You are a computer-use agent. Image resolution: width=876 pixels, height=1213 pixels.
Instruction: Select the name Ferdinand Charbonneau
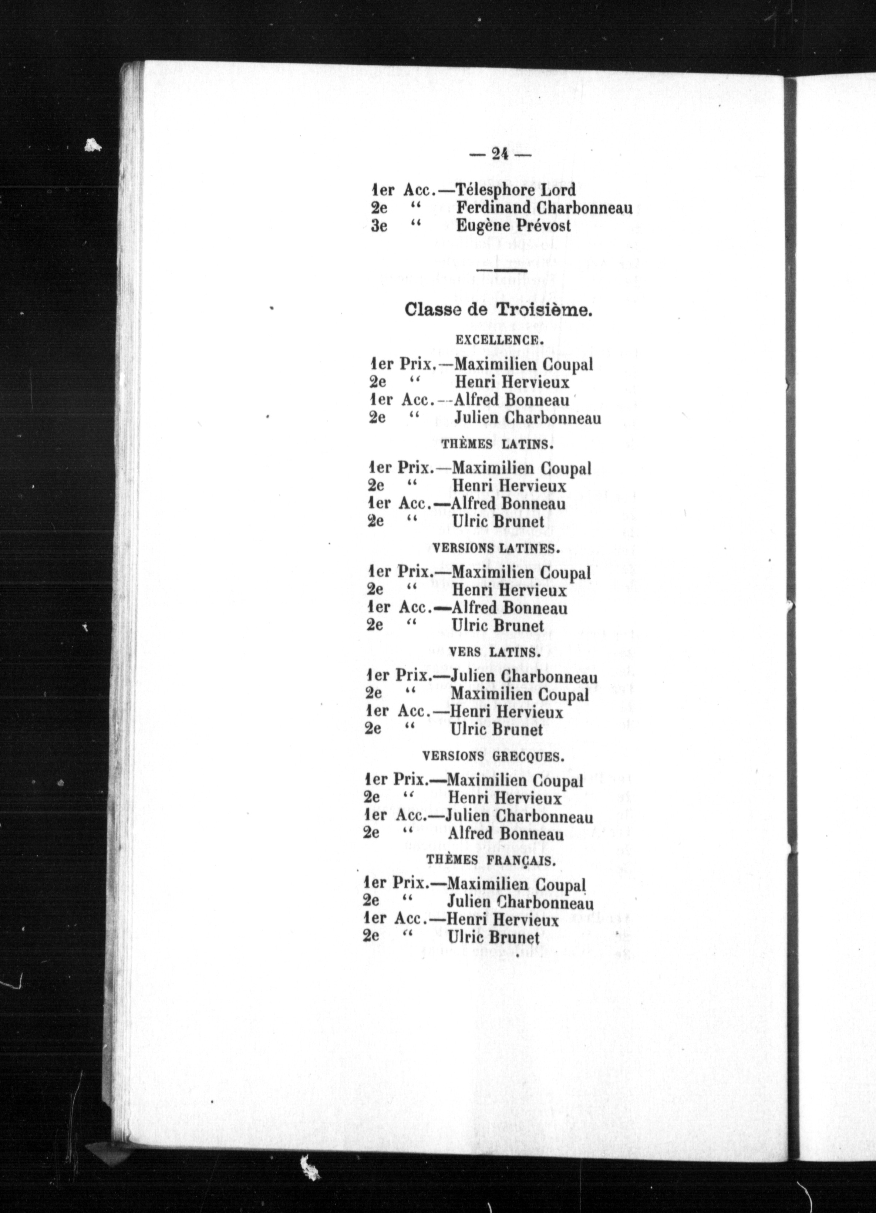544,207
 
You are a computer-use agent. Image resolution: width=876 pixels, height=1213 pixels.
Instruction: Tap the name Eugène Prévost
513,226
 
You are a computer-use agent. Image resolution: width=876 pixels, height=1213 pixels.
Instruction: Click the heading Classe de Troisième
498,310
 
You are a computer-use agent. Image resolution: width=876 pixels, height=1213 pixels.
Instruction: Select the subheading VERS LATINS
493,652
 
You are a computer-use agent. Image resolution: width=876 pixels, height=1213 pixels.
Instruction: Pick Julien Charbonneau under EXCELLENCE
527,417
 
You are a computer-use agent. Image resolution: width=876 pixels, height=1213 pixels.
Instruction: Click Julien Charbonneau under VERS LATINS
524,677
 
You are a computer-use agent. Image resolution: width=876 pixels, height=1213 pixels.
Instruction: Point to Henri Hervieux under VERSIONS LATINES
509,591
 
